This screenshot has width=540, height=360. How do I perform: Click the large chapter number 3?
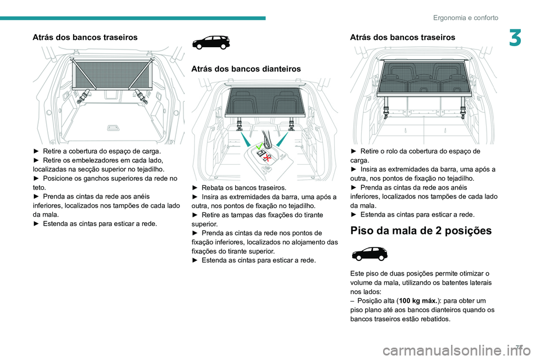tap(516, 39)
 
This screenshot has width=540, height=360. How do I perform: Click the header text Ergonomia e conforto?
tap(465, 17)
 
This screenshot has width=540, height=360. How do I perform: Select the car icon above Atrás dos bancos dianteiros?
tap(211, 43)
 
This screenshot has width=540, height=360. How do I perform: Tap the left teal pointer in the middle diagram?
tap(246, 141)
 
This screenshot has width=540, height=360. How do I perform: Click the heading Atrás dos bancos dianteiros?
tap(246, 69)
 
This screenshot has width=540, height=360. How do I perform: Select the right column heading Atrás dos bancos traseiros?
tap(402, 37)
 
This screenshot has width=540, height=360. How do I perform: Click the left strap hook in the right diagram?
tap(387, 110)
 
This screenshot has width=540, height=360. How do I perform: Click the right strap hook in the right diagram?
tap(462, 110)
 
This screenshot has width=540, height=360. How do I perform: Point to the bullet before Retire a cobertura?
tap(36, 151)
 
